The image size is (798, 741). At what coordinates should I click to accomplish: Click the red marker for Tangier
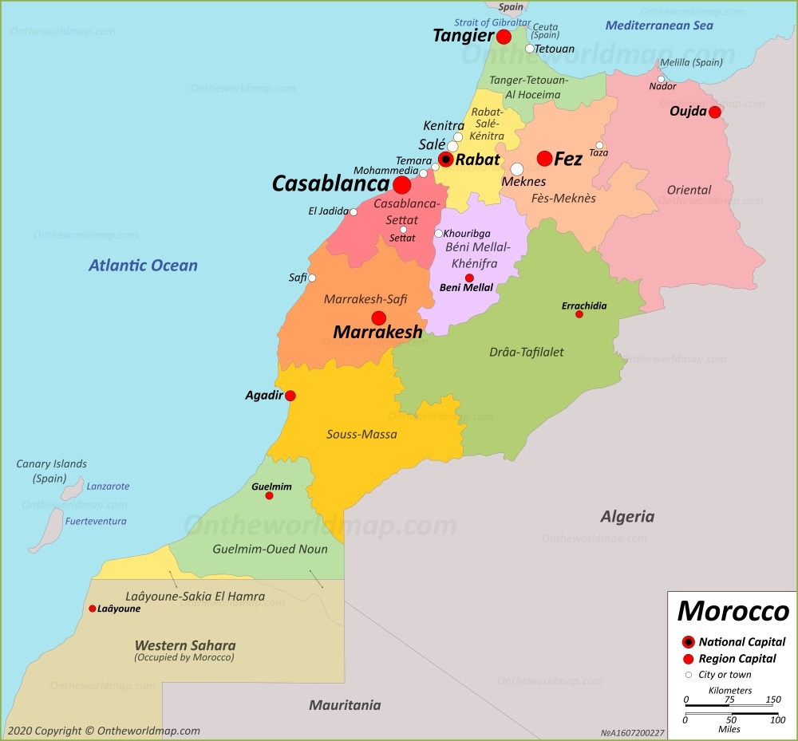[504, 37]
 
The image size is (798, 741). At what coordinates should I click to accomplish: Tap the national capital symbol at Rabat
[446, 160]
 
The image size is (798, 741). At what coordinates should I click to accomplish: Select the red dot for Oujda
[714, 112]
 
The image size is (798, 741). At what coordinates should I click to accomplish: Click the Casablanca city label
[330, 184]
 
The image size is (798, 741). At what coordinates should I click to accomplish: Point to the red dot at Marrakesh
[379, 317]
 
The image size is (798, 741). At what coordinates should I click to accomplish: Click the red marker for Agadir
[290, 396]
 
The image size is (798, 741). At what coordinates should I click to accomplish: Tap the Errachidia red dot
[579, 314]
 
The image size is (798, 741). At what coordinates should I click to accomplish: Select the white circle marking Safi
[312, 278]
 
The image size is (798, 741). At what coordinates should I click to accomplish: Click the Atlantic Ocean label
[143, 266]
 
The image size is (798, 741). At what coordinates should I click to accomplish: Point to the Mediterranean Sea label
[658, 26]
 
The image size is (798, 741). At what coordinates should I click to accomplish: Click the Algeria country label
[627, 517]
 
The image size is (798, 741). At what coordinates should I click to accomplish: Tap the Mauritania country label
[345, 705]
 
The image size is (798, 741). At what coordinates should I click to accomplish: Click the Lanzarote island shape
[73, 487]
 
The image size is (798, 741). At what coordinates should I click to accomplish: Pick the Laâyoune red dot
[93, 609]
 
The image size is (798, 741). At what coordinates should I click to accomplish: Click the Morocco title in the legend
[733, 612]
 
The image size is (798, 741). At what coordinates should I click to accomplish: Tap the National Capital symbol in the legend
[688, 642]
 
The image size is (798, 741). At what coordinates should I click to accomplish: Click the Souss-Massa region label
[361, 435]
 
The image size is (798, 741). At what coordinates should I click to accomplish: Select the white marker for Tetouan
[529, 49]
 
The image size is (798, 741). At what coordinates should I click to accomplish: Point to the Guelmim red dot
[269, 496]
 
